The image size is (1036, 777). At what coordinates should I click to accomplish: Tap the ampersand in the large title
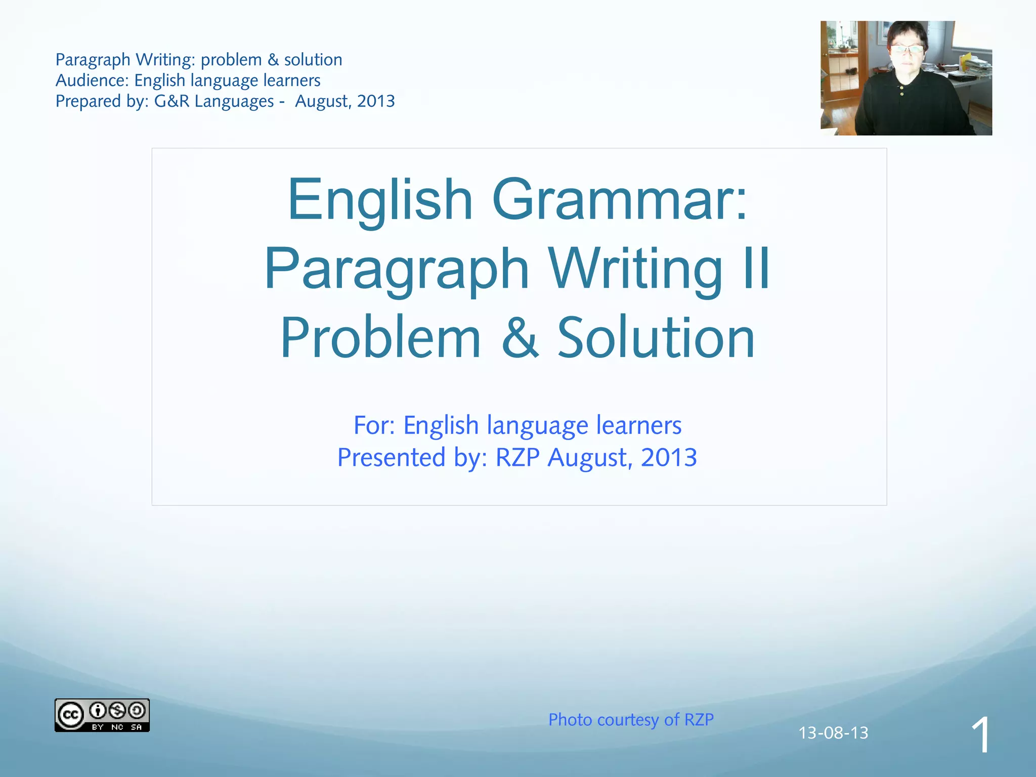[520, 337]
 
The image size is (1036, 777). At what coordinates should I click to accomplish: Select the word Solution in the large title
[656, 337]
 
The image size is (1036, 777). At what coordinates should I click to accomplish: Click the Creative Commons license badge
[102, 715]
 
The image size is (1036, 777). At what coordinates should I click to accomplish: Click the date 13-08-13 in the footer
[833, 732]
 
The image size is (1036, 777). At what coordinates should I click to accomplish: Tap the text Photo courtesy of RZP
[631, 719]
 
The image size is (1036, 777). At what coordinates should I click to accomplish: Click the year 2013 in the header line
[376, 101]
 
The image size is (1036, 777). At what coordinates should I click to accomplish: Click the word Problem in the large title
[380, 337]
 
